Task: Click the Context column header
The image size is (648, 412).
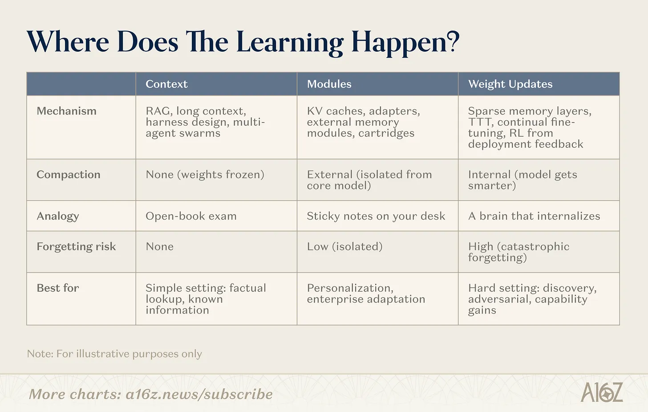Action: point(166,84)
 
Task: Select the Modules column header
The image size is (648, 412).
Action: point(329,84)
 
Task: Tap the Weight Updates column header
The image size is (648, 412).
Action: point(510,84)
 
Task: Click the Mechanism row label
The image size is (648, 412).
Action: point(66,111)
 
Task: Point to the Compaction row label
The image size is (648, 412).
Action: point(68,175)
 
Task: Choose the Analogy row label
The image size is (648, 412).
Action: point(57,216)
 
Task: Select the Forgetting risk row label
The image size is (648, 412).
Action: point(76,246)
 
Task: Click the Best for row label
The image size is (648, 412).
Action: point(57,288)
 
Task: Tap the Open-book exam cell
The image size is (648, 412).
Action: point(191,216)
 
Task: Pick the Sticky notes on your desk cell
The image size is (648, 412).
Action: point(376,216)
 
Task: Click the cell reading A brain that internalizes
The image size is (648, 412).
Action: point(534,216)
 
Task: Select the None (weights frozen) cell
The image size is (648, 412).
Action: point(205,175)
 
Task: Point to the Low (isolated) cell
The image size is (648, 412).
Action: point(344,246)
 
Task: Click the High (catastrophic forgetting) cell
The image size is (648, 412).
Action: point(518,252)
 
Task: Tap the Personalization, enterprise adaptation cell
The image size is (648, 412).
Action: point(366,293)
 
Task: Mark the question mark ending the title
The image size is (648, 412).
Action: point(453,41)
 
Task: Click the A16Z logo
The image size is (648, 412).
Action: point(602,392)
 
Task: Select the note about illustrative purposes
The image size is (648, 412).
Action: point(114,354)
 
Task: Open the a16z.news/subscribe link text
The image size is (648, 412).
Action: point(199,394)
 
